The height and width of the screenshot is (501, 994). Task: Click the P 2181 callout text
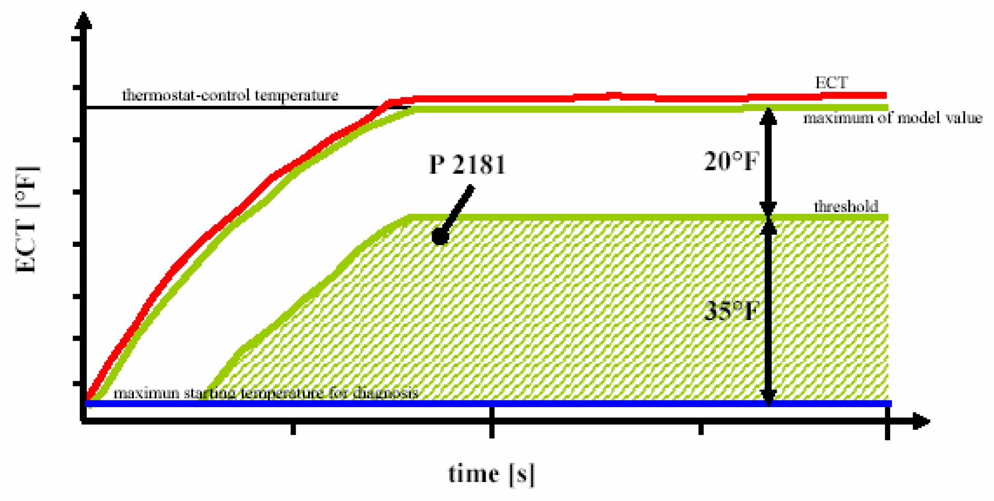(x=467, y=164)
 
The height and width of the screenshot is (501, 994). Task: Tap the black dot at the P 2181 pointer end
(x=440, y=236)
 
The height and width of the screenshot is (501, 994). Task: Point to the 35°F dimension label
(x=730, y=311)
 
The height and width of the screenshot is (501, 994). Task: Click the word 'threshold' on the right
(x=846, y=206)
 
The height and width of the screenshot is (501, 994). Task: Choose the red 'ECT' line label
(x=831, y=82)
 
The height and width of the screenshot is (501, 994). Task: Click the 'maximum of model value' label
(x=892, y=118)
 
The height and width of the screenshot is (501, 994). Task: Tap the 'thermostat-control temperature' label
(x=230, y=95)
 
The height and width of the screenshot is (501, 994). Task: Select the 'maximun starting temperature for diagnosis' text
(x=266, y=393)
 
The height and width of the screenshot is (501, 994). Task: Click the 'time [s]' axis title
(x=491, y=474)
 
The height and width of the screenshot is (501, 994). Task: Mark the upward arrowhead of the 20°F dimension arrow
(x=768, y=116)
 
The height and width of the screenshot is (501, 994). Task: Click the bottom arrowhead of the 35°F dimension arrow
(x=768, y=396)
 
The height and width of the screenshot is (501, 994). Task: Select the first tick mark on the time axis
(x=293, y=428)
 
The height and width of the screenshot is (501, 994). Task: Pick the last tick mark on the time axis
(x=887, y=429)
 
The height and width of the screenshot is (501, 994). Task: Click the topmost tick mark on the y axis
(x=76, y=38)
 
